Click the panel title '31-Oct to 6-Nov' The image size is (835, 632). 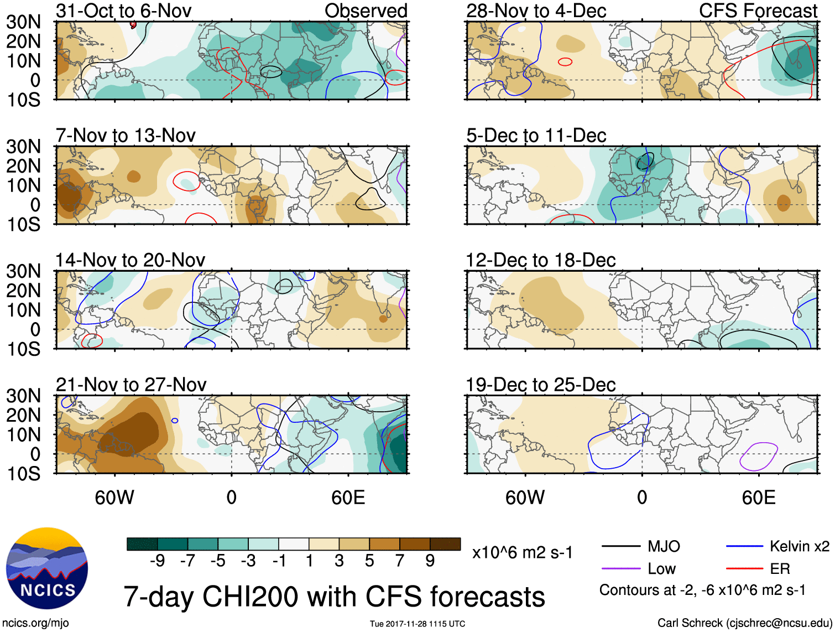(124, 11)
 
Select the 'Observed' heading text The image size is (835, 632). (366, 11)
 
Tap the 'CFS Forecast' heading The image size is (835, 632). (758, 11)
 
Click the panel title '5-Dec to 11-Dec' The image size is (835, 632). (536, 136)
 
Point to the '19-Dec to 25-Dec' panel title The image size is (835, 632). (540, 385)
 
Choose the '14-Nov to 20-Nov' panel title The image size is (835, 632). (130, 260)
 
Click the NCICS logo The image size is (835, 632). (46, 568)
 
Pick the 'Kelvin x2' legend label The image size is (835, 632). (799, 547)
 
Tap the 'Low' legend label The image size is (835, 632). (661, 569)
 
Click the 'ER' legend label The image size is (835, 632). (780, 569)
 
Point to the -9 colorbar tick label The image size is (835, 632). (157, 561)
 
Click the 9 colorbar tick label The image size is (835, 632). (430, 561)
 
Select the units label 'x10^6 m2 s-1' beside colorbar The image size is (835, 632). (522, 552)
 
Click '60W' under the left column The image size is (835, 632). (114, 498)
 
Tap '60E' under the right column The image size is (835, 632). (758, 498)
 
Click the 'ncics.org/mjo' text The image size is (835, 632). (35, 623)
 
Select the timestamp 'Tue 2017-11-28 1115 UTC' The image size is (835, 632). (417, 624)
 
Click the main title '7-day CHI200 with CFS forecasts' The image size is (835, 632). (334, 597)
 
